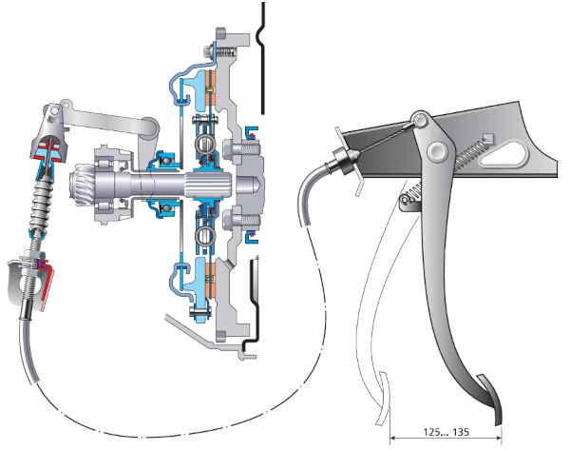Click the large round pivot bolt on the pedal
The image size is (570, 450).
(x=438, y=150)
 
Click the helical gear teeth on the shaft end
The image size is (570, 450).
(x=80, y=177)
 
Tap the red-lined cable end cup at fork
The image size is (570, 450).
(x=47, y=147)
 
